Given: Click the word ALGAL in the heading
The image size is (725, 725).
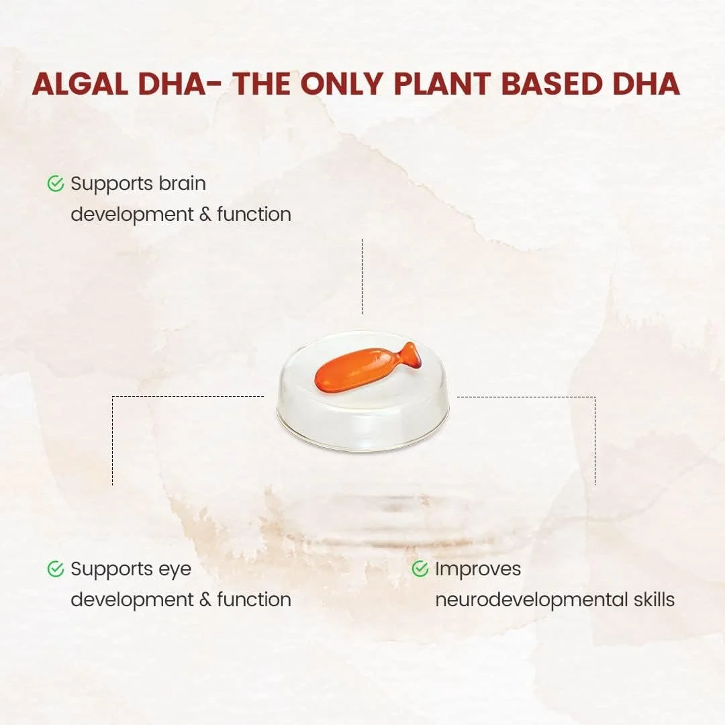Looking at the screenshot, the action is click(80, 84).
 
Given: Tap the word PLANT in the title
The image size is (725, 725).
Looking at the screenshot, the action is click(442, 84).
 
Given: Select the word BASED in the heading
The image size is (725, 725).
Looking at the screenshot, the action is click(552, 84).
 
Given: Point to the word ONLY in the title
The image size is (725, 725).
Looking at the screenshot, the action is click(342, 84).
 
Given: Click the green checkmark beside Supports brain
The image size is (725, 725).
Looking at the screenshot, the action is click(56, 183).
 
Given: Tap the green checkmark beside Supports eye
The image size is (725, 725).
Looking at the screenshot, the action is click(56, 569).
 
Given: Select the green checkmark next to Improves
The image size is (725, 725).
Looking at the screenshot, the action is click(420, 569).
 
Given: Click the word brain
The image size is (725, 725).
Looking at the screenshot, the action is click(183, 183).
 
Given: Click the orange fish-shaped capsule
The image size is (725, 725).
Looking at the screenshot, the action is click(365, 368).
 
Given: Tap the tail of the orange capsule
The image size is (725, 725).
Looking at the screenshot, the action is click(410, 355).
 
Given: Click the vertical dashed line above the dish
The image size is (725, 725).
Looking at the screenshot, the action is click(362, 277).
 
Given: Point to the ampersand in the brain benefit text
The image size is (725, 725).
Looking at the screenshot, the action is click(205, 215).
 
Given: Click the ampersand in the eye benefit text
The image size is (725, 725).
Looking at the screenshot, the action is click(205, 599).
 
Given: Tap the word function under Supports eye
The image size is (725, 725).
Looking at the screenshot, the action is click(254, 599).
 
